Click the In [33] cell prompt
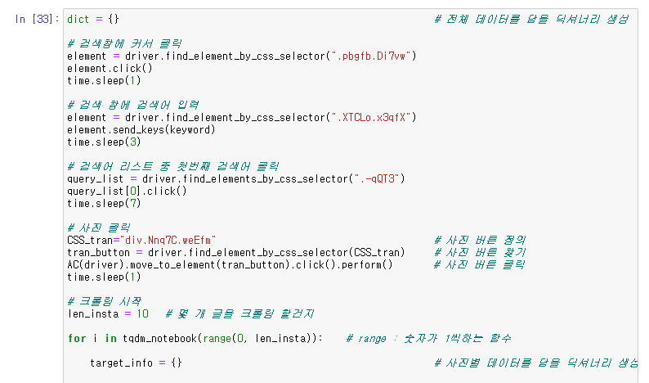coord(33,18)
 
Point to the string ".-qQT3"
coord(378,178)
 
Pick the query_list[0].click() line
coord(127,191)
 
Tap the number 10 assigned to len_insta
coord(142,313)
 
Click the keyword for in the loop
coord(76,338)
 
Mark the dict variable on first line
coord(78,18)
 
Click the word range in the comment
coord(372,338)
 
